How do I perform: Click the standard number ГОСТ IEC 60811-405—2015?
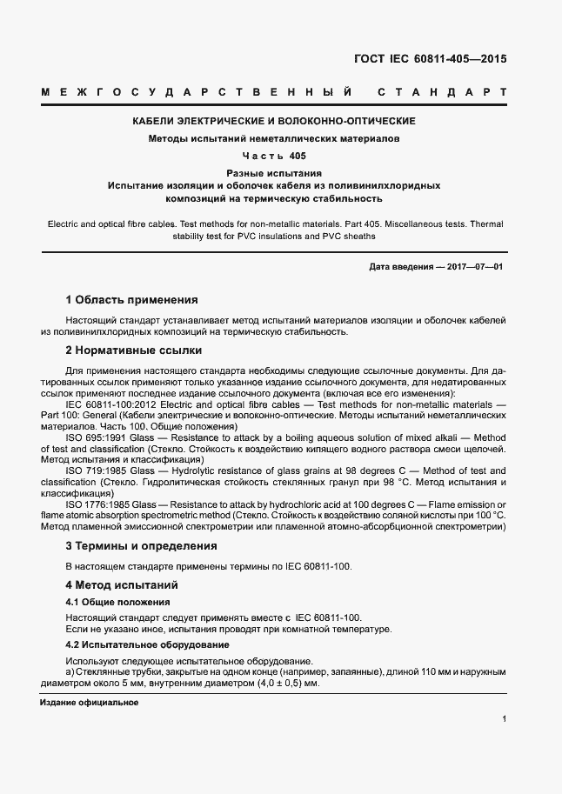click(x=430, y=61)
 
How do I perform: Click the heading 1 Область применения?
click(x=131, y=300)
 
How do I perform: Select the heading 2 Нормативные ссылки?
click(x=134, y=350)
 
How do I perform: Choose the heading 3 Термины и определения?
click(x=141, y=546)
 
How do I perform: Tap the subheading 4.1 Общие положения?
click(x=117, y=602)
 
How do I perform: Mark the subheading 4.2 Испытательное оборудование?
click(x=147, y=644)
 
